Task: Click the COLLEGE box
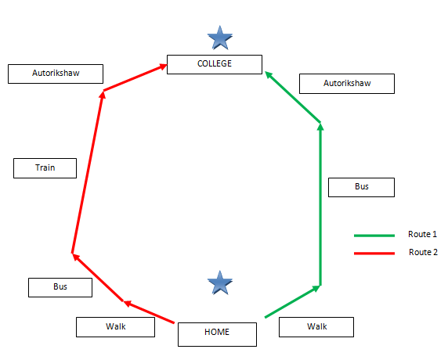(215, 64)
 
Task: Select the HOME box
(217, 334)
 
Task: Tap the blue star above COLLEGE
(220, 38)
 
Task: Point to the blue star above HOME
(220, 283)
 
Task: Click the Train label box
(45, 168)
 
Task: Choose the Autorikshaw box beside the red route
(56, 74)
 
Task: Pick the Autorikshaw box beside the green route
(347, 84)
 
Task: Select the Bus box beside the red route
(60, 287)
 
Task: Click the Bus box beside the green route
(361, 187)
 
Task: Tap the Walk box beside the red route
(115, 327)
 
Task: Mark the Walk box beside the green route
(316, 327)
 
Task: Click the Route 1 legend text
(423, 234)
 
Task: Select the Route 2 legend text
(423, 252)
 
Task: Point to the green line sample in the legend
(374, 236)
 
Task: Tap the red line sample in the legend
(374, 254)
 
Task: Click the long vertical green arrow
(320, 204)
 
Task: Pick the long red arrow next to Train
(88, 172)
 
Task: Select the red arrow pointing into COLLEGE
(135, 77)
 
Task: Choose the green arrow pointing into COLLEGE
(293, 97)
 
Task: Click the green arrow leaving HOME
(293, 301)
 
